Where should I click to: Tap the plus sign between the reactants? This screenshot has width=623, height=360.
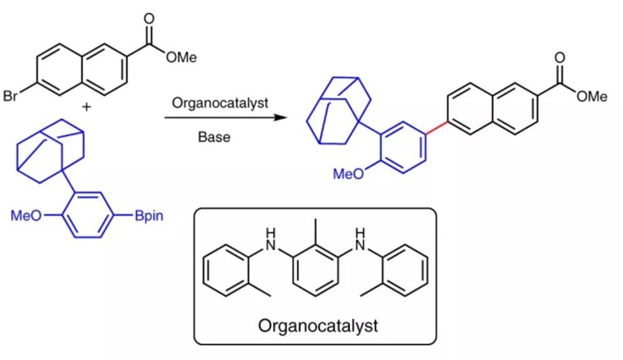86,107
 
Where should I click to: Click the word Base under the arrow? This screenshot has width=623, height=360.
214,137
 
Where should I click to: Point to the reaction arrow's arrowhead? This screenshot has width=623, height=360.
283,119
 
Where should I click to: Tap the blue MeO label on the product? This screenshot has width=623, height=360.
348,174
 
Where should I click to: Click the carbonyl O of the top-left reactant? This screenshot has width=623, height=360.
148,17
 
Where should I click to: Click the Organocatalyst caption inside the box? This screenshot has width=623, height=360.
318,326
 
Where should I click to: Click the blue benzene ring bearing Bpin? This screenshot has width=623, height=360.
89,216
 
